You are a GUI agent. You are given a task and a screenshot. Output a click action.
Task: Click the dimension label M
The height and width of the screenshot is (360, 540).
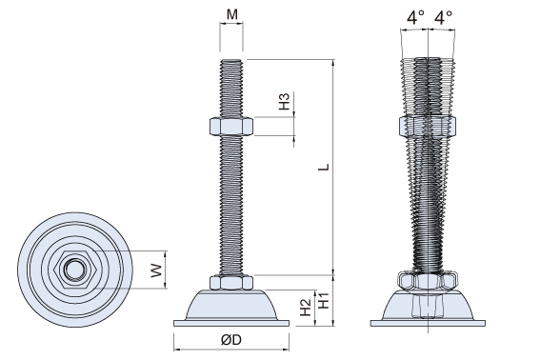(x=232, y=14)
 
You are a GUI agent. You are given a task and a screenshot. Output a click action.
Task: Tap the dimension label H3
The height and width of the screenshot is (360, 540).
(x=285, y=101)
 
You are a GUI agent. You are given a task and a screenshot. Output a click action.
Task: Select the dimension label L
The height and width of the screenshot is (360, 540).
(x=324, y=167)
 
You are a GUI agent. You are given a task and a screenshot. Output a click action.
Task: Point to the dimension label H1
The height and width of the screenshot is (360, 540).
(x=324, y=300)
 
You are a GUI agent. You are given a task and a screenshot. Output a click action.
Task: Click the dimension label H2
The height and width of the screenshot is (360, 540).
(x=306, y=308)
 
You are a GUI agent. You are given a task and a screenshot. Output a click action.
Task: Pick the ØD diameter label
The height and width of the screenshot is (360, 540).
(x=231, y=340)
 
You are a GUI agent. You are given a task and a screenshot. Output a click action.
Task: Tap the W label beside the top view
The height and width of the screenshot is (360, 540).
(x=156, y=270)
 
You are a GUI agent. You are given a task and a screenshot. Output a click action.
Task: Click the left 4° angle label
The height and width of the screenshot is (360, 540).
(x=415, y=17)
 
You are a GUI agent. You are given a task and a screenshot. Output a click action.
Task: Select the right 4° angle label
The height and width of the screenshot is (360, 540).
(x=443, y=17)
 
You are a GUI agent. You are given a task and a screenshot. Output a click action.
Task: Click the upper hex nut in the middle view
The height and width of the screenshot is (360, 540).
(x=231, y=127)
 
